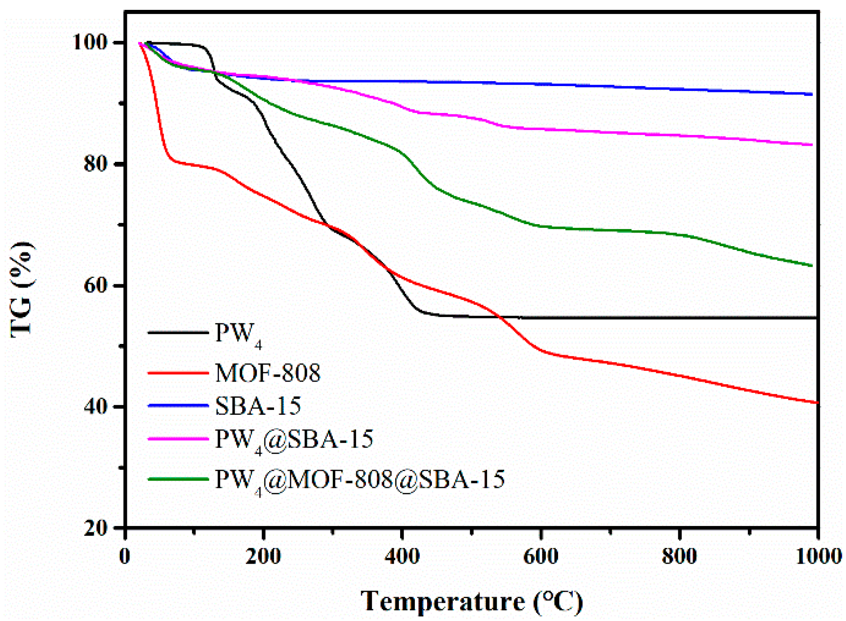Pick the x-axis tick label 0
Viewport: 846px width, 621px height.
(125, 556)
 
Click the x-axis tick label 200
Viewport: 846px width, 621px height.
(264, 556)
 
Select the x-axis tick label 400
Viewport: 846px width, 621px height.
(402, 556)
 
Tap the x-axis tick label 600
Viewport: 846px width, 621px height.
(541, 556)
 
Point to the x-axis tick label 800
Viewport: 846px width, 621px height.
(680, 556)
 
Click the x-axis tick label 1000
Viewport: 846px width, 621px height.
(818, 556)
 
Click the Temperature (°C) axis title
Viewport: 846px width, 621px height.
(472, 601)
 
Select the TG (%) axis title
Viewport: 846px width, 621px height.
(22, 289)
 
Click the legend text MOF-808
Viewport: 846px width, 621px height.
(268, 373)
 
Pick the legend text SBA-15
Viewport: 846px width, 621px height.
(258, 406)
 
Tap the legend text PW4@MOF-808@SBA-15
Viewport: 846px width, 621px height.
(360, 479)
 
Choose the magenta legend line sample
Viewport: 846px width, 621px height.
(178, 439)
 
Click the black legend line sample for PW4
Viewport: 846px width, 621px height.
(178, 333)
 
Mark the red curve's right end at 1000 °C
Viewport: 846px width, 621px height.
(817, 403)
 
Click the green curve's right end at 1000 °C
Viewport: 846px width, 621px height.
(811, 266)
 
